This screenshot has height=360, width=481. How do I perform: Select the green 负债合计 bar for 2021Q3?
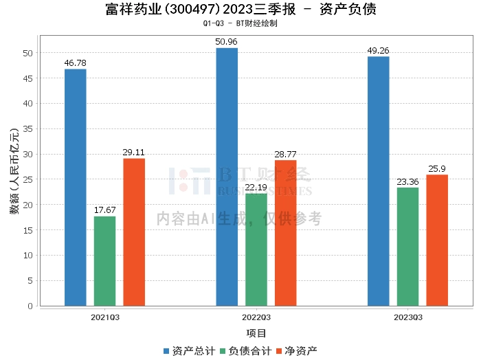(105, 261)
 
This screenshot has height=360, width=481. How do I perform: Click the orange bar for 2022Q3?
(286, 233)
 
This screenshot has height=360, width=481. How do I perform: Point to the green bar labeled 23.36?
(407, 247)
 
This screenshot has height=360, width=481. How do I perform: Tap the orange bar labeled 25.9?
(437, 240)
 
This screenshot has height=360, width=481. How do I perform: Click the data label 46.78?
(76, 63)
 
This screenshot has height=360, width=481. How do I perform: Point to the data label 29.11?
(134, 152)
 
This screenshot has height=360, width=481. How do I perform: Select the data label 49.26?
(379, 50)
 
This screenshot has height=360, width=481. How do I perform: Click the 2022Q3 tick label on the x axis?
(256, 317)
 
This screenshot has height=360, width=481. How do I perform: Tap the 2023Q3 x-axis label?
(407, 317)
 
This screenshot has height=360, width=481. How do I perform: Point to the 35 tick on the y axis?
(27, 128)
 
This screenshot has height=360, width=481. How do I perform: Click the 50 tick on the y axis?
(27, 53)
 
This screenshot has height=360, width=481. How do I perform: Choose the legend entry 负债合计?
(245, 351)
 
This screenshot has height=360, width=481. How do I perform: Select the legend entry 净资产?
(298, 351)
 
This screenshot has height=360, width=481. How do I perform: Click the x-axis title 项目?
(256, 334)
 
